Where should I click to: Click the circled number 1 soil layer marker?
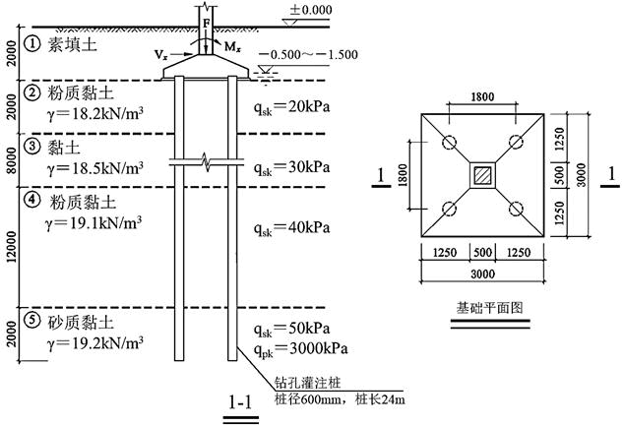(x=34, y=42)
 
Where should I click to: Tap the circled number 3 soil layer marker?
(x=34, y=148)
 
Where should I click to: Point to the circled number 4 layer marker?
(x=34, y=199)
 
